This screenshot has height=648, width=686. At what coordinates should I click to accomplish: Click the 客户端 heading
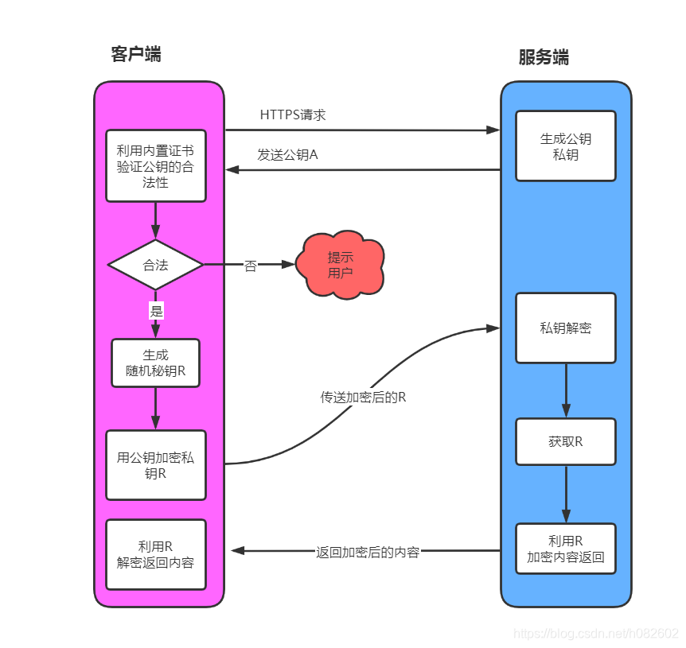pos(136,54)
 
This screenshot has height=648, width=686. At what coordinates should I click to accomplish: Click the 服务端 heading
pos(544,57)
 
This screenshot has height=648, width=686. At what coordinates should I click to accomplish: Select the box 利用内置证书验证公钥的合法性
pos(155,166)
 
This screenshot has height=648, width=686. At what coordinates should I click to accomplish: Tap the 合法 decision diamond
pos(155,265)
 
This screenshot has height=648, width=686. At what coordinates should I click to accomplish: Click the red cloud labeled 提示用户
pos(341,265)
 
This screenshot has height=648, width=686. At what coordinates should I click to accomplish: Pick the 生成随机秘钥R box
pos(155,363)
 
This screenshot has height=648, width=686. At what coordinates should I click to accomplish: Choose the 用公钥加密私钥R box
pos(155,465)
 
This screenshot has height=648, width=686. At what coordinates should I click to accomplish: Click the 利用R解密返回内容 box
pos(155,554)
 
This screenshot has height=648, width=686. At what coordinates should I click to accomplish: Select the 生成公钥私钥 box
pos(565,146)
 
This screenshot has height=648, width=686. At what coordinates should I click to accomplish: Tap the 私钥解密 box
pos(565,328)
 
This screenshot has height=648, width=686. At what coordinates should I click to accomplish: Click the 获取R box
pos(565,441)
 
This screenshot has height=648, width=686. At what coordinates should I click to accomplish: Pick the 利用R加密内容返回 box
pos(565,549)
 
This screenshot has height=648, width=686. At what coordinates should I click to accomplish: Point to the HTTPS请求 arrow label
pos(293,114)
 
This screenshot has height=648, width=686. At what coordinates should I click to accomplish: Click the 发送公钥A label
pos(287,154)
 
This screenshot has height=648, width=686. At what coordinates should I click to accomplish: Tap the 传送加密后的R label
pos(363,397)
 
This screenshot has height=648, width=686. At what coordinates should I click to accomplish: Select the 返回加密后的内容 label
pos(368,552)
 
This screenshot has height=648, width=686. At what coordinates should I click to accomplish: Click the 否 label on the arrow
pos(251,266)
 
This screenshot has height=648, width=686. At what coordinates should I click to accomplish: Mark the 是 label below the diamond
pos(156,311)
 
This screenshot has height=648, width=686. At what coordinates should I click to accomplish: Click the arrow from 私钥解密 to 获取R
pos(566,390)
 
